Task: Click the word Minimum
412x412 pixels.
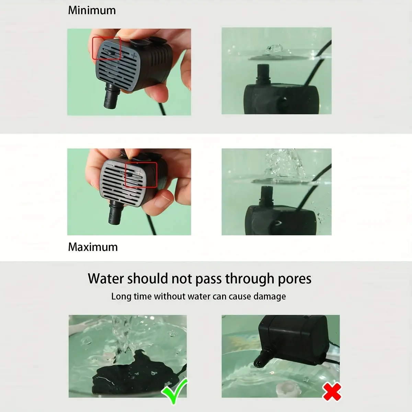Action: tap(92, 10)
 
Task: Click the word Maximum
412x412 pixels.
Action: tap(93, 247)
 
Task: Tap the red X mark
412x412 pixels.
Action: tap(332, 392)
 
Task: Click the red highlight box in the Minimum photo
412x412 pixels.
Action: tap(107, 48)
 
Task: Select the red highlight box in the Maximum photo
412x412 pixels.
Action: tap(141, 175)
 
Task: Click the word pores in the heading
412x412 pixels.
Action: tap(294, 278)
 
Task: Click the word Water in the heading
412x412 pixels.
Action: tap(105, 278)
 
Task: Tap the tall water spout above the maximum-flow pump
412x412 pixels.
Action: tap(283, 163)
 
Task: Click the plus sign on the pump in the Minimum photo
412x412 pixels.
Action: tap(134, 55)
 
